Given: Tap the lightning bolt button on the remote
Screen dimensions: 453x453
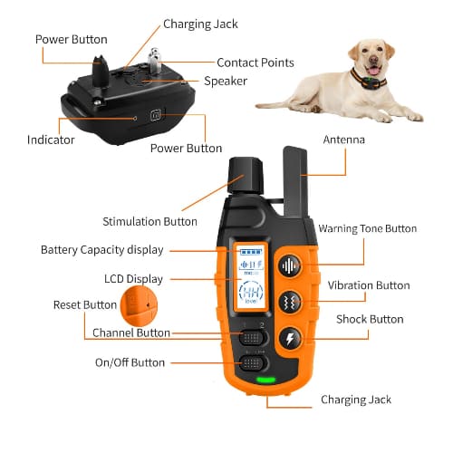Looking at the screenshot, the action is click(x=290, y=338).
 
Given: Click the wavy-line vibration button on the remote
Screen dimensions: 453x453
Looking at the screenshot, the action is click(x=290, y=302).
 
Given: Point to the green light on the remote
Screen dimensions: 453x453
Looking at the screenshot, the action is click(x=265, y=380).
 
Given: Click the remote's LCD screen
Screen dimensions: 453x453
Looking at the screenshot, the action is click(x=251, y=275).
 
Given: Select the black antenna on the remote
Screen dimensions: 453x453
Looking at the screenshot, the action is click(x=295, y=182).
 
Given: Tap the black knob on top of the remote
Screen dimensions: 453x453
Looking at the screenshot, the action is click(x=246, y=176).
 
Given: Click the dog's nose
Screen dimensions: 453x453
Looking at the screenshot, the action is click(x=374, y=59).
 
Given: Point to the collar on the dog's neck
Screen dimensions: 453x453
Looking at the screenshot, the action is click(x=368, y=80).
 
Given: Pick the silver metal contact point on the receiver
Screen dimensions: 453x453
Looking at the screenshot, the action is click(x=154, y=61).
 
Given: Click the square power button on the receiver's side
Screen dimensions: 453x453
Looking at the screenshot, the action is click(x=156, y=115).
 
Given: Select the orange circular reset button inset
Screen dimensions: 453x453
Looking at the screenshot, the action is click(x=139, y=306).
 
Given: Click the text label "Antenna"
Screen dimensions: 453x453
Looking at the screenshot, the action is click(x=343, y=140).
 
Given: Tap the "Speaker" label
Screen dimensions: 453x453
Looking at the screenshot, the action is click(x=226, y=82).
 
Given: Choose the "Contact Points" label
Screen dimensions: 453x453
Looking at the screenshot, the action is click(x=255, y=63).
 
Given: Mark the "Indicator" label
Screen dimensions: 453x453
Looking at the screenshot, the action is click(x=51, y=140).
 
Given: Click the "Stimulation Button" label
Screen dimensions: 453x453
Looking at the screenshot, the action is click(x=149, y=222).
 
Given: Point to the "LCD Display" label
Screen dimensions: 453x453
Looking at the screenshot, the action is click(x=133, y=279).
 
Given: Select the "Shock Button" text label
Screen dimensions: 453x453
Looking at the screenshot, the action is click(x=370, y=319).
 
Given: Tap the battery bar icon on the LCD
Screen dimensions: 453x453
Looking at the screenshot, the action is click(x=251, y=252).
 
